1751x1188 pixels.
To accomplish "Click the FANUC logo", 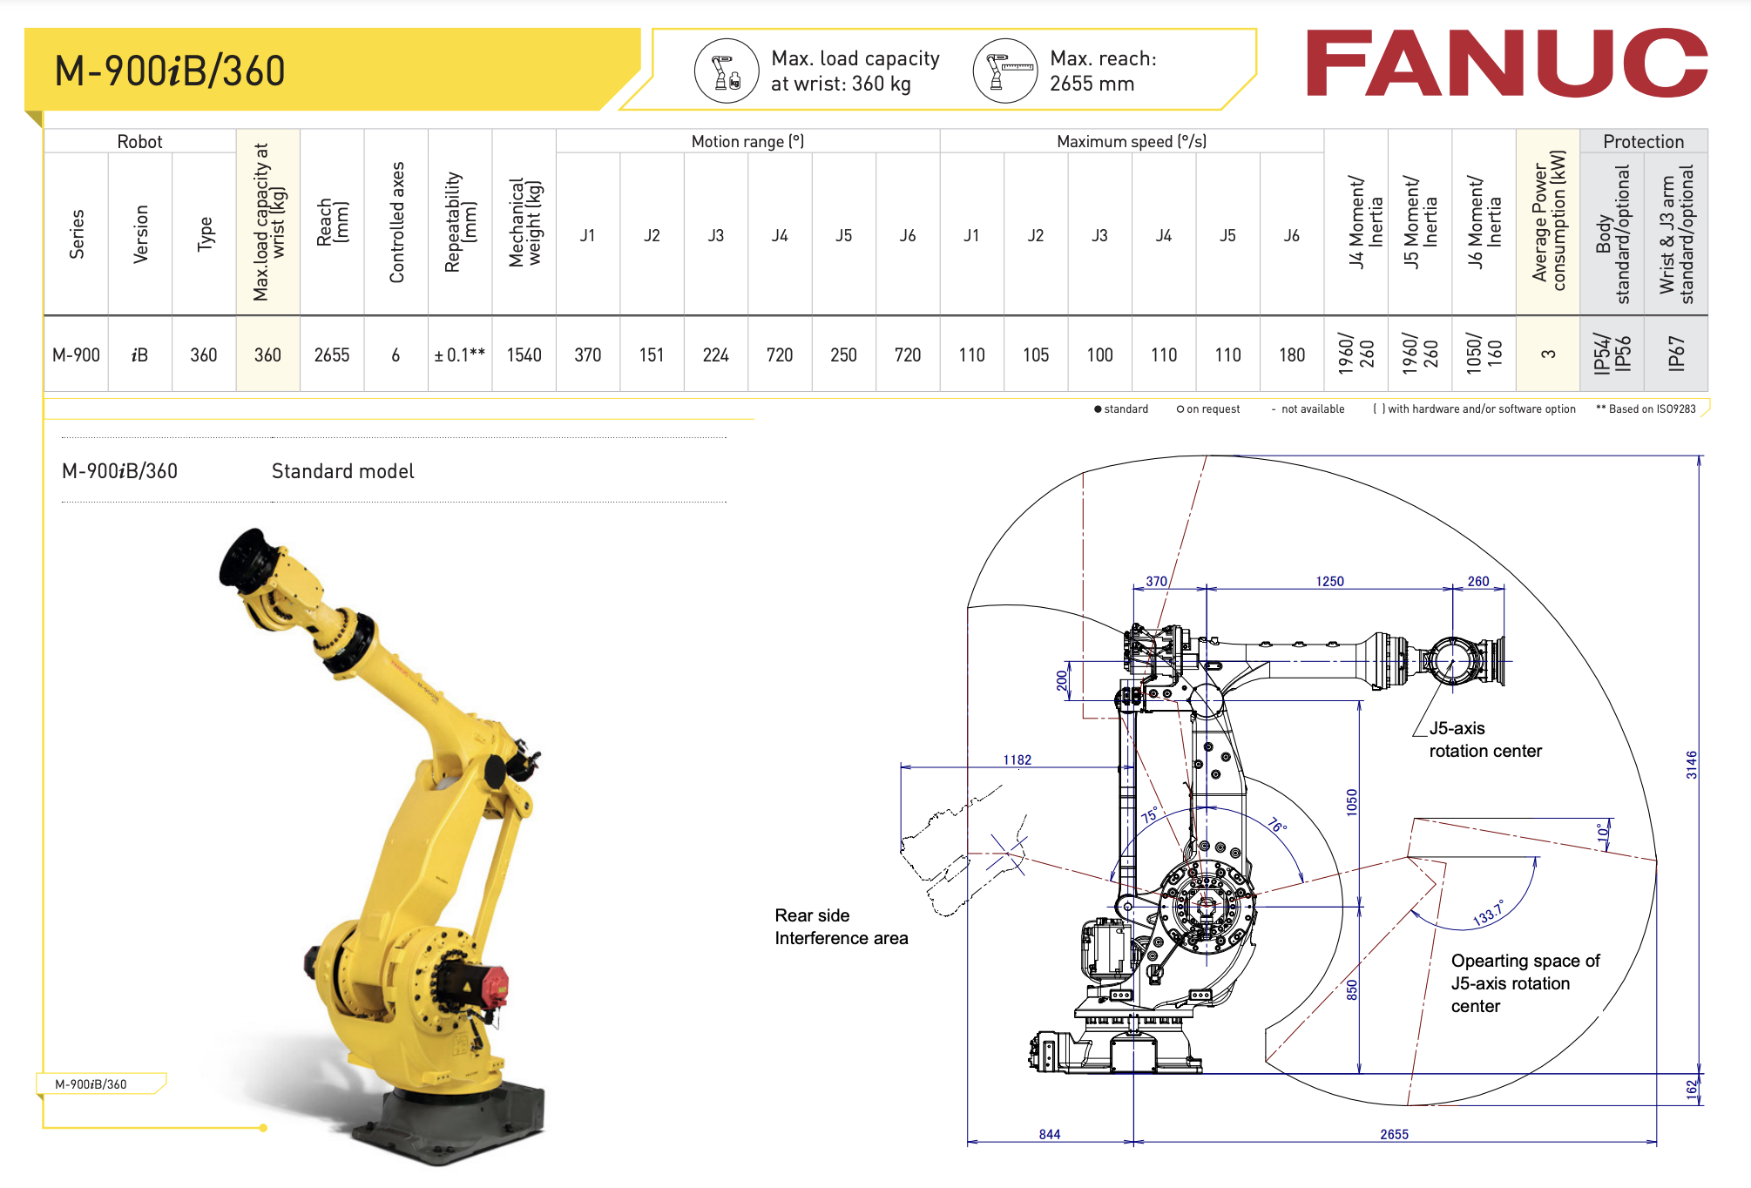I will point(1506,63).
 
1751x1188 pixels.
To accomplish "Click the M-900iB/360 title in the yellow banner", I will point(170,71).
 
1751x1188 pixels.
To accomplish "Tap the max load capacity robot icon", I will point(727,71).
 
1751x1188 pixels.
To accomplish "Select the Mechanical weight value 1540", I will point(524,355).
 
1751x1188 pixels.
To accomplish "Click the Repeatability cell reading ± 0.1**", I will point(459,355).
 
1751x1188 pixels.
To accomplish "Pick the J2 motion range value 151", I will point(652,355).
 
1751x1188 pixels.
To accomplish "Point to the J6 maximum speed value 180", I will point(1291,355).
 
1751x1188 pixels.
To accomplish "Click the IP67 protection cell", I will point(1675,354).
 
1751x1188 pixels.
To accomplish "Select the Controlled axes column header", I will point(396,223).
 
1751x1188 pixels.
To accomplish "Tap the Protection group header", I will point(1643,141).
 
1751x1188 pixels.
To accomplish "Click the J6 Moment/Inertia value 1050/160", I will point(1484,354).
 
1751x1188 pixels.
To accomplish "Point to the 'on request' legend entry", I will point(1208,409).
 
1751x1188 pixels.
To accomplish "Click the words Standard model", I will point(342,471).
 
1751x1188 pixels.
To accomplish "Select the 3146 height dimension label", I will point(1691,765).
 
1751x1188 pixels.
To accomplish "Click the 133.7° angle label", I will point(1488,913).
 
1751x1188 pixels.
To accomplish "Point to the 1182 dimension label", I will point(1017,759).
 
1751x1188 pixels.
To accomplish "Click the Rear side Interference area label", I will point(841,927).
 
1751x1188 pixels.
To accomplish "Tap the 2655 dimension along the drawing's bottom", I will point(1394,1134).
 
